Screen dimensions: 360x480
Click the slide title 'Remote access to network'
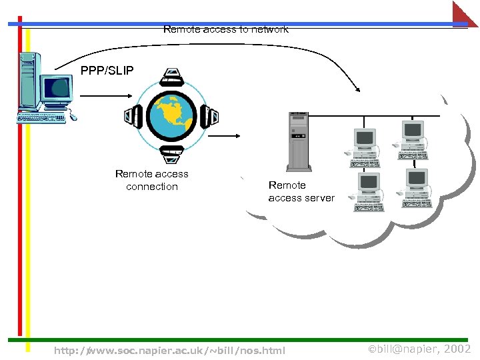click(x=225, y=29)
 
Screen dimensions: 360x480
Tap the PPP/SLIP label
click(x=107, y=71)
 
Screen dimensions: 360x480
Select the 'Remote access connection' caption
click(x=152, y=180)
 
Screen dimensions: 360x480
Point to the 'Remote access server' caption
click(x=301, y=191)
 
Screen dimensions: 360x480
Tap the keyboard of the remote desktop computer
click(x=43, y=118)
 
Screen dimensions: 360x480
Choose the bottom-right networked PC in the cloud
click(x=414, y=187)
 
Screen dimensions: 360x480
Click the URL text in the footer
click(x=169, y=350)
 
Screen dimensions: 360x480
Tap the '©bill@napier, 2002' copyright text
click(x=420, y=349)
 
